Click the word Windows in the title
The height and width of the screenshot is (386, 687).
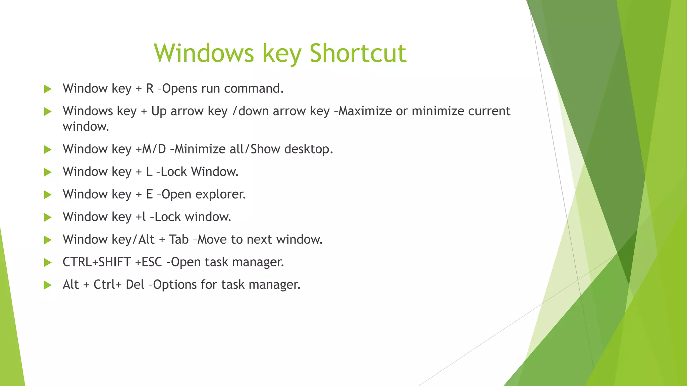click(x=204, y=53)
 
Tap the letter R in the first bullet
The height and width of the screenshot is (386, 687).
click(x=150, y=88)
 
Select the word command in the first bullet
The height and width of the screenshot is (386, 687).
click(x=254, y=88)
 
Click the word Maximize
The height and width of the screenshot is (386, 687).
click(x=365, y=111)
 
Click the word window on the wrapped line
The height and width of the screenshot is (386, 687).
click(x=86, y=127)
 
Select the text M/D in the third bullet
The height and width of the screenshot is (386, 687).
click(x=154, y=149)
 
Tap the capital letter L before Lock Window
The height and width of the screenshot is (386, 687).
click(x=149, y=172)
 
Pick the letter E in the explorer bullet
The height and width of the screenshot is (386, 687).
click(x=149, y=194)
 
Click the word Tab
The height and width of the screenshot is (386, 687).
click(x=179, y=240)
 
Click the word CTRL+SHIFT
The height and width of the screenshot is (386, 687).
click(x=97, y=262)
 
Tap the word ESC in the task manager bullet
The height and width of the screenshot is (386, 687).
click(x=152, y=262)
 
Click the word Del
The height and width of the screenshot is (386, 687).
click(x=135, y=285)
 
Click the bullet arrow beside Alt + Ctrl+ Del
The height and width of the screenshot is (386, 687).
click(x=48, y=285)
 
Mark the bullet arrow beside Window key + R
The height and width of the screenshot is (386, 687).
click(x=48, y=89)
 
